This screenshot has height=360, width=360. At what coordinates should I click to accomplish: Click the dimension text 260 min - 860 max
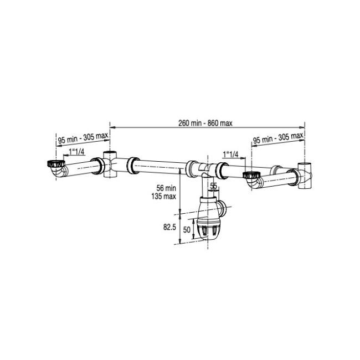click(205, 124)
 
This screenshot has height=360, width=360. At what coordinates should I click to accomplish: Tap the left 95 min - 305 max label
click(83, 138)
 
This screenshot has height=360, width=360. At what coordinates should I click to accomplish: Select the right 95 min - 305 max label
click(278, 138)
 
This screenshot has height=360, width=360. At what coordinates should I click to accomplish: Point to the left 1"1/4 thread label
click(76, 152)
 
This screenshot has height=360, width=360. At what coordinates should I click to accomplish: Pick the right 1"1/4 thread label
click(230, 155)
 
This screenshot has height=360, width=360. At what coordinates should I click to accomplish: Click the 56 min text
click(166, 188)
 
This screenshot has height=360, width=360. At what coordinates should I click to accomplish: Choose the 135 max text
click(163, 196)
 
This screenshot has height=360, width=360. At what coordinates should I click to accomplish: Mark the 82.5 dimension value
click(169, 227)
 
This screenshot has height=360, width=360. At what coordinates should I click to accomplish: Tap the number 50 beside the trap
click(187, 230)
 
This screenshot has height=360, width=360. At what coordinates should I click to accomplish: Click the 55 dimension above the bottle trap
click(213, 186)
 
